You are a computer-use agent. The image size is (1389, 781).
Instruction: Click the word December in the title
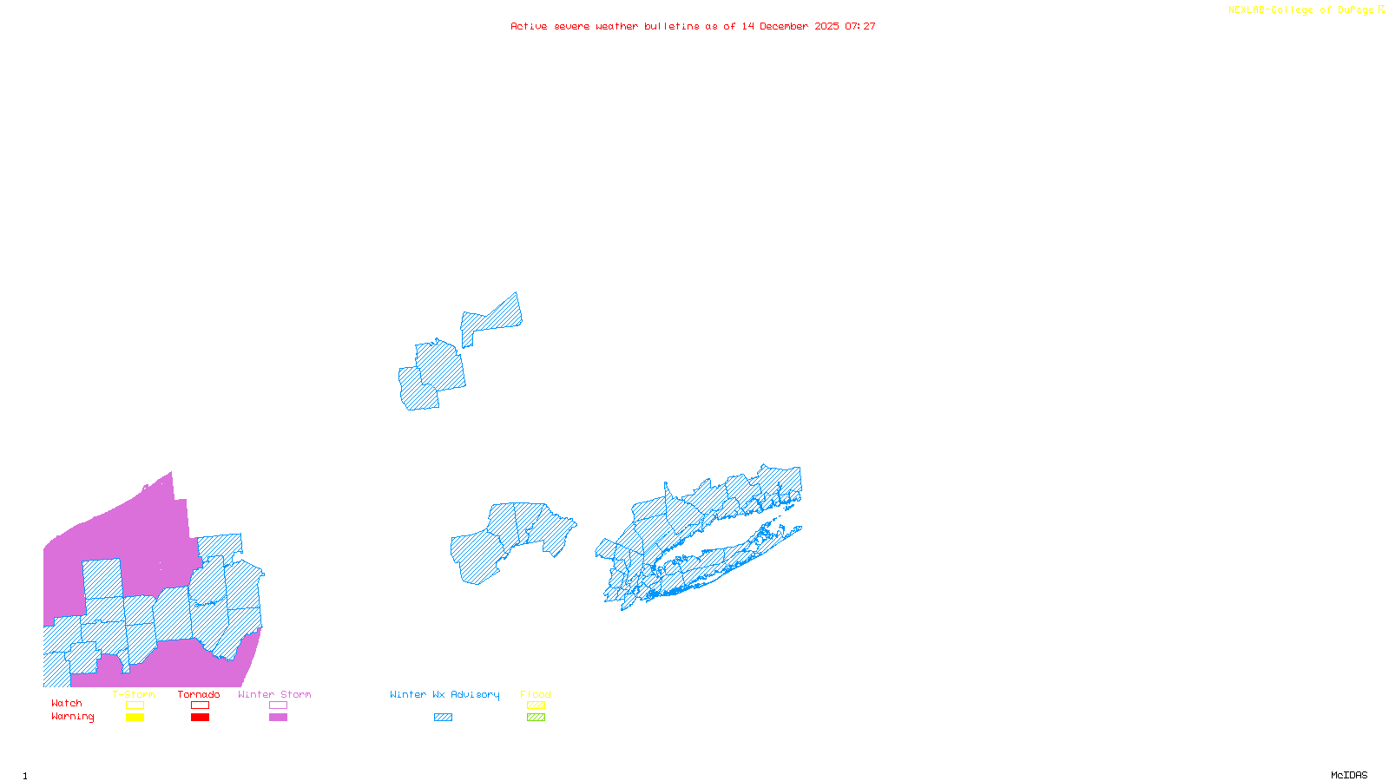point(784,26)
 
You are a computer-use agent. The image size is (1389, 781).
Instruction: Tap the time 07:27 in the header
point(860,26)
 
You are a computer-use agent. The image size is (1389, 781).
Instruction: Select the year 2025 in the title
point(826,26)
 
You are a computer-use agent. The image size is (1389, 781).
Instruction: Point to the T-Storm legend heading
point(134,694)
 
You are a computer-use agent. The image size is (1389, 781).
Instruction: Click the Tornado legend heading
point(199,694)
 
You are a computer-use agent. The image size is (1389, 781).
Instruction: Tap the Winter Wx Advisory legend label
point(444,694)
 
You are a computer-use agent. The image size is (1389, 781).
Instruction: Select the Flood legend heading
point(536,694)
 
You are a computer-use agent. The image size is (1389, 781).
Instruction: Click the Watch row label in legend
point(67,704)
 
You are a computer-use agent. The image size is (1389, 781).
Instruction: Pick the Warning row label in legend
point(73,717)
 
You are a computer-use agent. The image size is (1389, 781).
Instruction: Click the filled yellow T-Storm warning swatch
point(135,718)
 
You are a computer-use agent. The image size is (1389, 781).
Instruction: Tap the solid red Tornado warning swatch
point(201,718)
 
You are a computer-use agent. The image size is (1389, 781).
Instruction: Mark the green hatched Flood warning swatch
point(537,718)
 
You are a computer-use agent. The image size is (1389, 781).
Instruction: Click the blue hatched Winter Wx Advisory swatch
point(444,718)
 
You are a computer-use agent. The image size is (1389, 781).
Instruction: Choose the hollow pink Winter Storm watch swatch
point(279,706)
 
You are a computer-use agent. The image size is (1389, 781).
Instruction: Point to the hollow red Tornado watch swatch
point(201,706)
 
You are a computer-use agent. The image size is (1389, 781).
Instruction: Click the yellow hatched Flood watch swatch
point(537,706)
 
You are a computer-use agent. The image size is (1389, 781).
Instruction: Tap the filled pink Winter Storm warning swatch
point(279,718)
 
